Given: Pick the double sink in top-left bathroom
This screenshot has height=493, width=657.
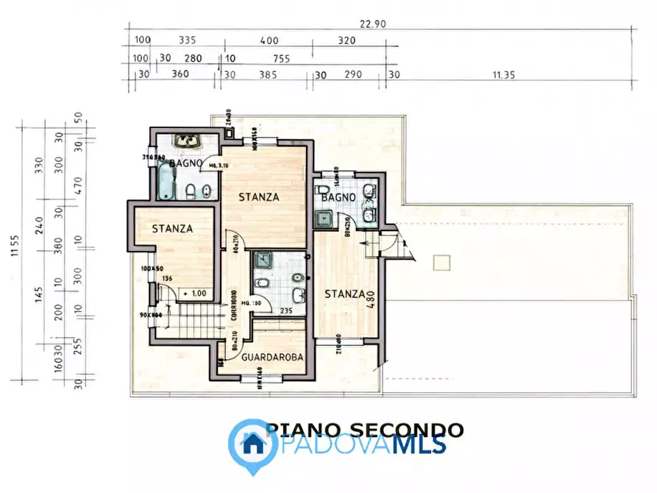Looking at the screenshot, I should (188, 141).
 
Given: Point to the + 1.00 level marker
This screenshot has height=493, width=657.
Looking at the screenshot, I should (196, 293).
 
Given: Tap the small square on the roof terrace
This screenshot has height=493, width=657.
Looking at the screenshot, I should (441, 261).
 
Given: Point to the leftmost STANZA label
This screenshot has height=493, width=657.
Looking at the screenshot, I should (172, 229).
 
